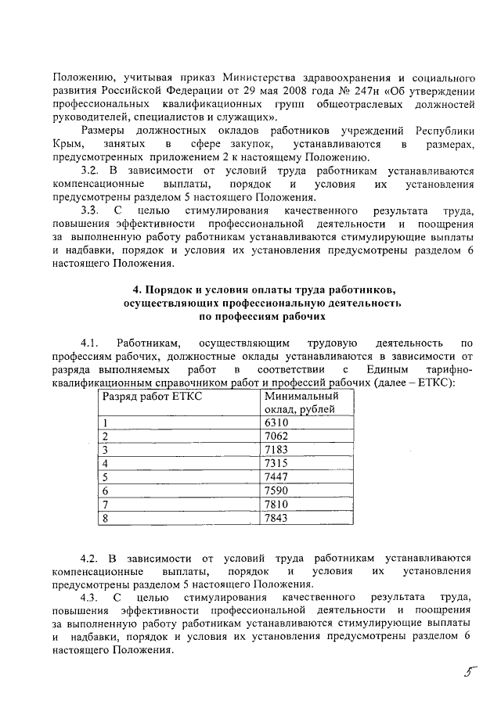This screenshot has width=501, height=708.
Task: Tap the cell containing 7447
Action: click(278, 476)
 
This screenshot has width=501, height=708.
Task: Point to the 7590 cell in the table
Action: click(278, 490)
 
